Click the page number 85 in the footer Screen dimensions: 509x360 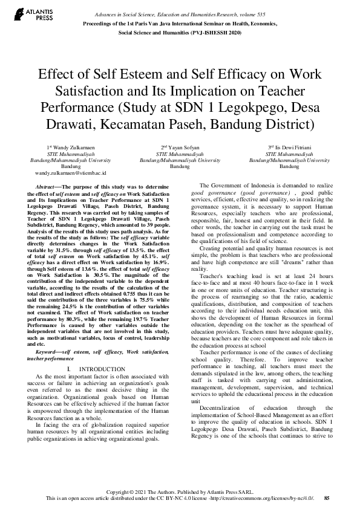click(327, 498)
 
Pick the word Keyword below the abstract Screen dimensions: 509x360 click(48, 334)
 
